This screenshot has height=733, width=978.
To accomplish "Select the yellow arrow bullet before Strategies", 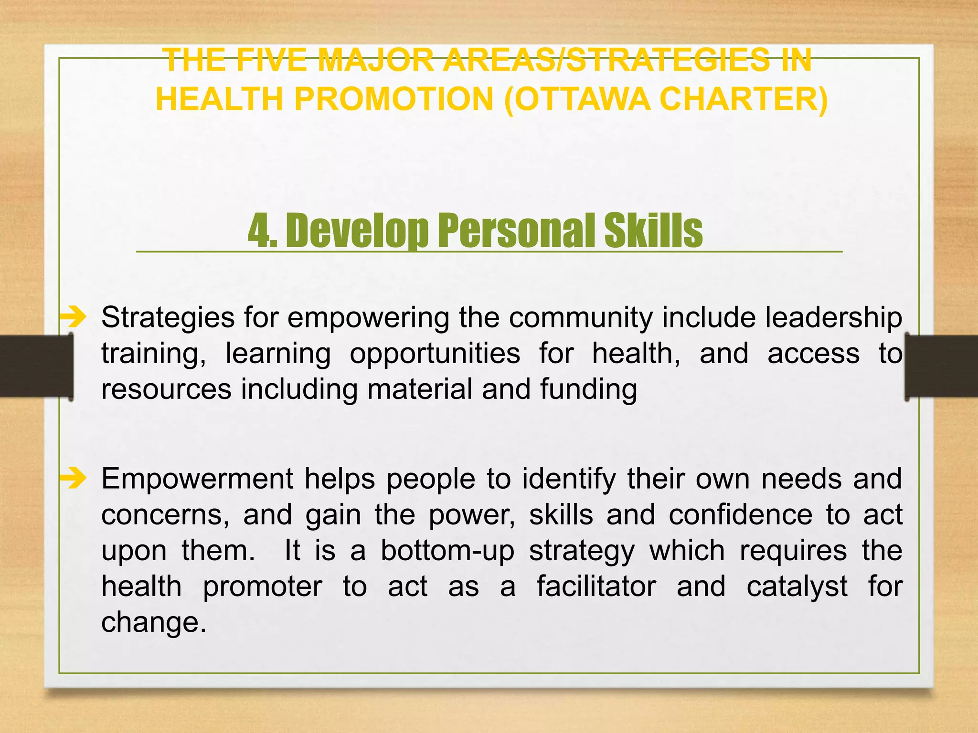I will [74, 317].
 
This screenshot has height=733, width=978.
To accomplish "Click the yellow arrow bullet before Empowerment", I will [74, 478].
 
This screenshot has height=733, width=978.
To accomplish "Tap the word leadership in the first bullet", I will [833, 318].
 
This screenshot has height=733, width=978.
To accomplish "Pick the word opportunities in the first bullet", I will [435, 354].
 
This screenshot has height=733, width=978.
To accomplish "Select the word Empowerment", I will [197, 479].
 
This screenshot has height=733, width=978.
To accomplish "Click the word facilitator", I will [596, 586].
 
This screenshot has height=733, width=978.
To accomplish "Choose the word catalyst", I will [797, 586].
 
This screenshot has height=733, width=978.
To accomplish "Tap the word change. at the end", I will [154, 622].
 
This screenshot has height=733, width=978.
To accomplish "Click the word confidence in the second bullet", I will [740, 515].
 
